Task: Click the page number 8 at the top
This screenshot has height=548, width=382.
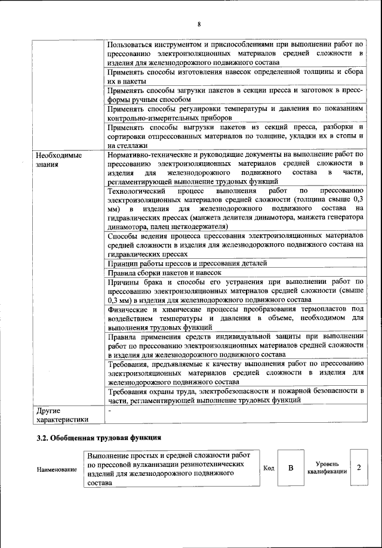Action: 199,24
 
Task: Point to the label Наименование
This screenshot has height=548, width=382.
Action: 57,469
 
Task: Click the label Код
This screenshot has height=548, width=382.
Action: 269,468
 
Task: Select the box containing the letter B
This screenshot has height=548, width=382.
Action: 291,468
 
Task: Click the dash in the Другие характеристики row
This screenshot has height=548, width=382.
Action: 109,410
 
